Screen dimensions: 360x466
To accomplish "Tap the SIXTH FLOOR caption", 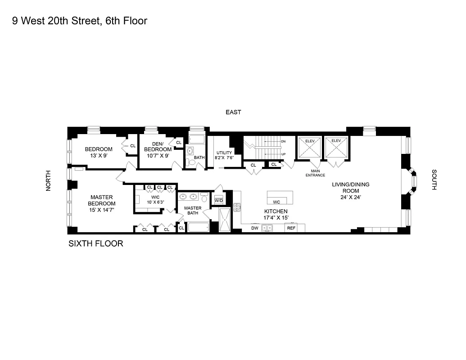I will click(x=95, y=244).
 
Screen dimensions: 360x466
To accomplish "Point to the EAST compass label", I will click(x=234, y=112).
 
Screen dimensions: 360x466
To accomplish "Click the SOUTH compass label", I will click(x=434, y=180).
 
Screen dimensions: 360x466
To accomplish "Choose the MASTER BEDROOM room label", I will click(x=101, y=200).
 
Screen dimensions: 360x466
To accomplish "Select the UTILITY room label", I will click(x=224, y=155).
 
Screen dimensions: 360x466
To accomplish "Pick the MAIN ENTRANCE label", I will click(x=315, y=173).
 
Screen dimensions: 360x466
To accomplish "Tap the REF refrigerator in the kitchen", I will click(x=291, y=228).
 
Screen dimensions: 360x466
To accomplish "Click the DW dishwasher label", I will click(x=255, y=228).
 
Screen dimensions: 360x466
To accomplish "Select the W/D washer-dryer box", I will click(x=219, y=200).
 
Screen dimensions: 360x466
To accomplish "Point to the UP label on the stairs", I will click(x=283, y=154).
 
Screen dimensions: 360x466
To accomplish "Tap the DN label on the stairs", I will click(x=283, y=141).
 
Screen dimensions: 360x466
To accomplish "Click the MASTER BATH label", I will click(x=193, y=210).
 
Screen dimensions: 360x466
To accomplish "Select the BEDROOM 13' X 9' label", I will click(x=99, y=152).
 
